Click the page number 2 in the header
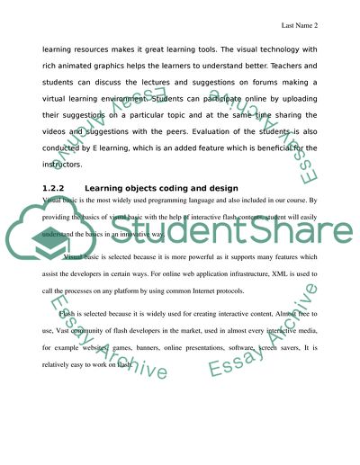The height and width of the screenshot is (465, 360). pyautogui.click(x=320, y=25)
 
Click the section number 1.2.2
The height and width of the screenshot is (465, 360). pyautogui.click(x=56, y=187)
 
